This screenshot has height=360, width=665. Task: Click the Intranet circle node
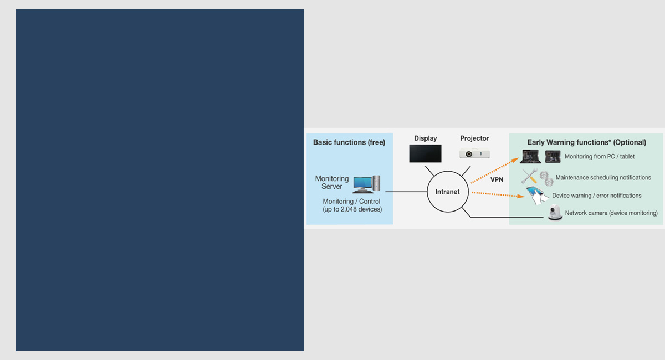click(x=447, y=192)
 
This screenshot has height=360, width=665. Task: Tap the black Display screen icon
click(x=425, y=153)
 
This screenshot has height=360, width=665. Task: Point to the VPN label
click(x=497, y=179)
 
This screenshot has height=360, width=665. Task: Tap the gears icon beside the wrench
click(x=546, y=178)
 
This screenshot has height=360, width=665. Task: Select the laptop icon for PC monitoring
click(x=531, y=157)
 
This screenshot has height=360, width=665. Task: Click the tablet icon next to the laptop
click(x=553, y=157)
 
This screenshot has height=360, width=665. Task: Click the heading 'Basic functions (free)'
click(x=349, y=142)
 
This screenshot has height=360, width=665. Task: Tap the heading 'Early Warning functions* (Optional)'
click(x=586, y=142)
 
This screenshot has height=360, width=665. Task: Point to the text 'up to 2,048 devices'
click(x=352, y=209)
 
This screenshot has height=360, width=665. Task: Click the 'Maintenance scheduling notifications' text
click(x=603, y=178)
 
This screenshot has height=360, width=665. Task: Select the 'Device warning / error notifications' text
click(x=596, y=196)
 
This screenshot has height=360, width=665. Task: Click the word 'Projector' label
click(x=474, y=138)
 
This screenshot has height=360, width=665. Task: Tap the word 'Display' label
click(x=426, y=138)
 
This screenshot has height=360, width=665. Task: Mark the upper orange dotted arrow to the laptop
click(x=494, y=170)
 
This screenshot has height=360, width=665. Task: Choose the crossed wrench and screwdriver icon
click(x=529, y=177)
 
